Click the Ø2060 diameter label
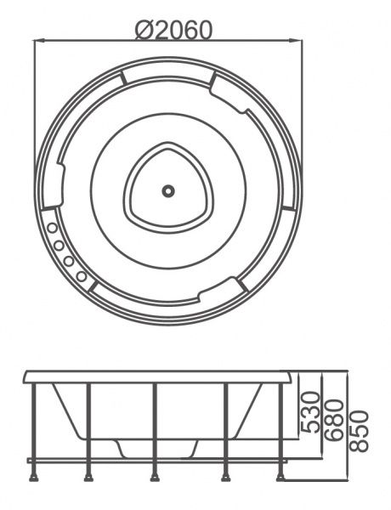tap(174, 30)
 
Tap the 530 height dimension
tap(309, 412)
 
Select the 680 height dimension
tap(334, 420)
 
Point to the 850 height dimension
tap(359, 431)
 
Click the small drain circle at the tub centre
tap(168, 191)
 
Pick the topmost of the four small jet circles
tap(51, 229)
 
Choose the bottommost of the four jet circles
tap(81, 276)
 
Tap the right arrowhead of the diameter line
tap(297, 41)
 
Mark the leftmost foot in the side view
tap(33, 478)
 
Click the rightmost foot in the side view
tap(280, 478)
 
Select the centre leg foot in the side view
tap(155, 478)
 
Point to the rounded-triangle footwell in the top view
tap(168, 185)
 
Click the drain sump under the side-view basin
tap(157, 449)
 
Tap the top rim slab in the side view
tap(157, 377)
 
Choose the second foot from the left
tap(88, 478)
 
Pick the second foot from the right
tap(226, 478)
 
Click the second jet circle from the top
tap(59, 246)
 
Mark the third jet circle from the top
tap(68, 261)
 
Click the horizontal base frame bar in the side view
tap(157, 461)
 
